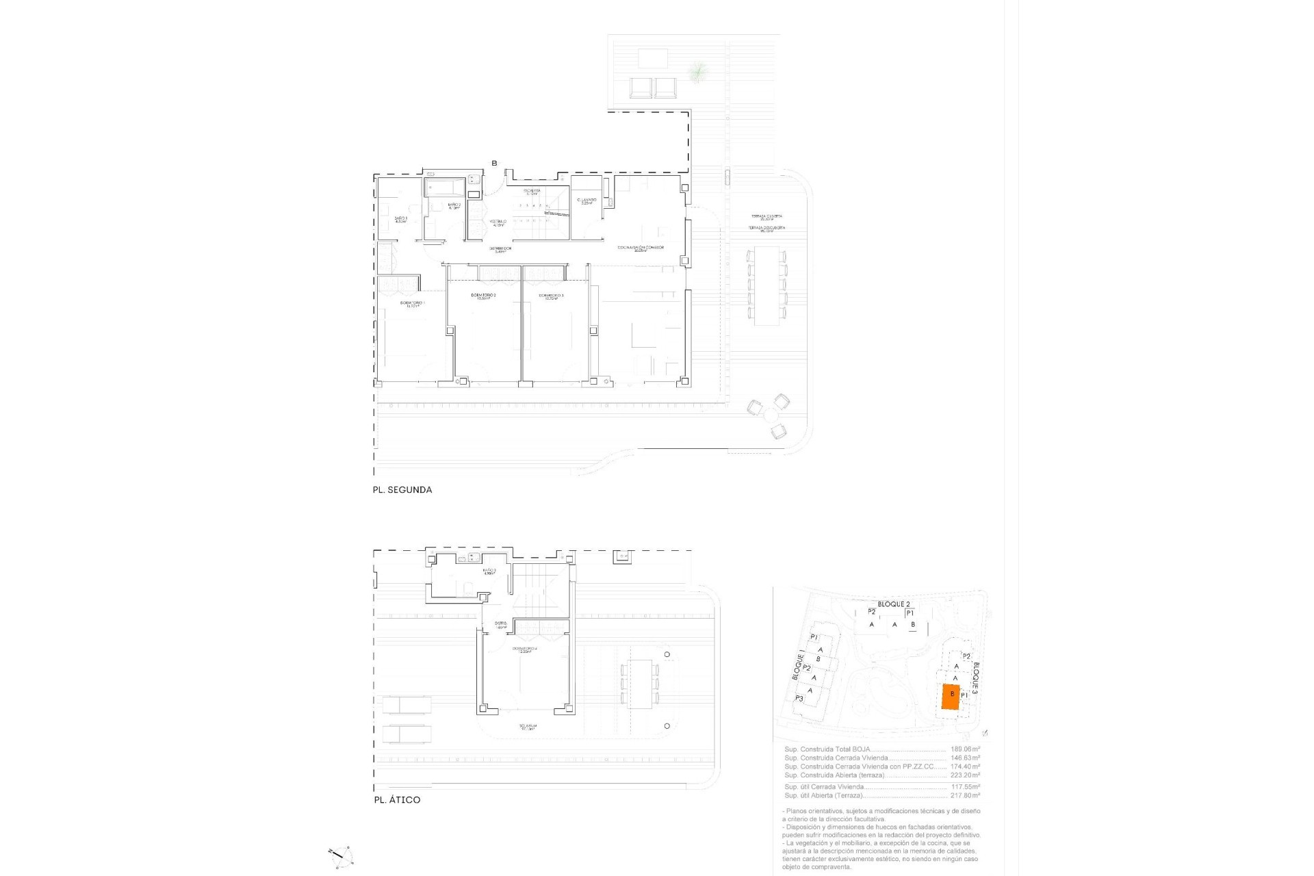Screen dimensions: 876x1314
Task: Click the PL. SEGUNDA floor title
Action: click(x=402, y=490)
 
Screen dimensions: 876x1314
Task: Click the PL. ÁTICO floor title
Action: click(x=397, y=800)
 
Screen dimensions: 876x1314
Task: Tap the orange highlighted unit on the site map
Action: click(x=951, y=698)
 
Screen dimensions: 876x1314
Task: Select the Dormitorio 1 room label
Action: click(x=413, y=304)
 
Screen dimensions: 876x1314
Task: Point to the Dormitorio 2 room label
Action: click(x=483, y=296)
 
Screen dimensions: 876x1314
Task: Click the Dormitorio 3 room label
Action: click(x=554, y=296)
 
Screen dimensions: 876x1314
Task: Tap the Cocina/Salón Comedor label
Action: click(x=640, y=248)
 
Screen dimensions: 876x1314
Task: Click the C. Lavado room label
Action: click(x=587, y=201)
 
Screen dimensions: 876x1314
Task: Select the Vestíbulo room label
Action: click(x=498, y=222)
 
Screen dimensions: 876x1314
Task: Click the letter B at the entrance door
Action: click(x=494, y=163)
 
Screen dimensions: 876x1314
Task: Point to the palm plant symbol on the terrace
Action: click(x=697, y=70)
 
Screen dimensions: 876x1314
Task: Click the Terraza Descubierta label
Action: click(x=766, y=228)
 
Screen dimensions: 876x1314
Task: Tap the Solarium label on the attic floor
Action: click(x=527, y=727)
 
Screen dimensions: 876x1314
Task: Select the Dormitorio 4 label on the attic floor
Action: click(x=526, y=649)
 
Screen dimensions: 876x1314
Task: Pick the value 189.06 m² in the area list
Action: click(x=965, y=749)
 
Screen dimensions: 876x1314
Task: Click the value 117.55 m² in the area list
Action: click(x=965, y=787)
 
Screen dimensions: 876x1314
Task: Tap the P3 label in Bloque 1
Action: click(x=799, y=699)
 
